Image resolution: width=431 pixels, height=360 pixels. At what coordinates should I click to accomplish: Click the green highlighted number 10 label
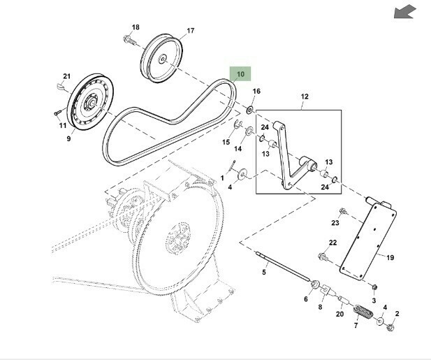tap(240, 74)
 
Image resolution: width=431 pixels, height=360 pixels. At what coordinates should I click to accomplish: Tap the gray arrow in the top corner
tap(404, 12)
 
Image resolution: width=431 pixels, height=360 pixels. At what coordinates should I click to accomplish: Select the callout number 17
tap(191, 31)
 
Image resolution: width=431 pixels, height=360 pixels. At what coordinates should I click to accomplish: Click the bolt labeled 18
tap(130, 40)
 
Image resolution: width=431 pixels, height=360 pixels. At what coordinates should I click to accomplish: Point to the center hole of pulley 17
tap(162, 59)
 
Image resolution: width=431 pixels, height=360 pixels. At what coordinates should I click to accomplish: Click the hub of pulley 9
tap(92, 102)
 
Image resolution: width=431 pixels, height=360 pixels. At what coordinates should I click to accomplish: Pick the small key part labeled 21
tap(61, 87)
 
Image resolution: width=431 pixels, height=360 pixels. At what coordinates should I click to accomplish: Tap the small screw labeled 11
tap(57, 113)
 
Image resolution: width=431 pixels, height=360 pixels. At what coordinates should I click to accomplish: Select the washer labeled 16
tap(250, 110)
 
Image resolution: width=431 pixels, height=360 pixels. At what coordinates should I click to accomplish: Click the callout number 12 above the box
tap(305, 96)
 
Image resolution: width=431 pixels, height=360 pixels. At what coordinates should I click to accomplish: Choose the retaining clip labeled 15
tap(238, 124)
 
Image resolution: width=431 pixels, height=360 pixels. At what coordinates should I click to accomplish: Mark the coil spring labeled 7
tap(363, 312)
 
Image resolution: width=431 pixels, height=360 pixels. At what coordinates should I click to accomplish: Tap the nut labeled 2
tap(390, 328)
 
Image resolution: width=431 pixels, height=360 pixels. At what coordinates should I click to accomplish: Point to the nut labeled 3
tap(374, 287)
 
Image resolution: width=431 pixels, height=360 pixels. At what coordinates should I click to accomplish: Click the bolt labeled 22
tap(323, 257)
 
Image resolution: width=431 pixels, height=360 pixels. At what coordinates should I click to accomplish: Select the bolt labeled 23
tap(343, 211)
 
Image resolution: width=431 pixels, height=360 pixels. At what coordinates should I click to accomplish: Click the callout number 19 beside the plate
tap(390, 258)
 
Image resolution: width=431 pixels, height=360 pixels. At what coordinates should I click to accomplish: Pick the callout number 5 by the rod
tap(264, 272)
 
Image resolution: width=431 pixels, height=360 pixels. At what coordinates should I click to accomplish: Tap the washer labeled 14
tap(249, 131)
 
